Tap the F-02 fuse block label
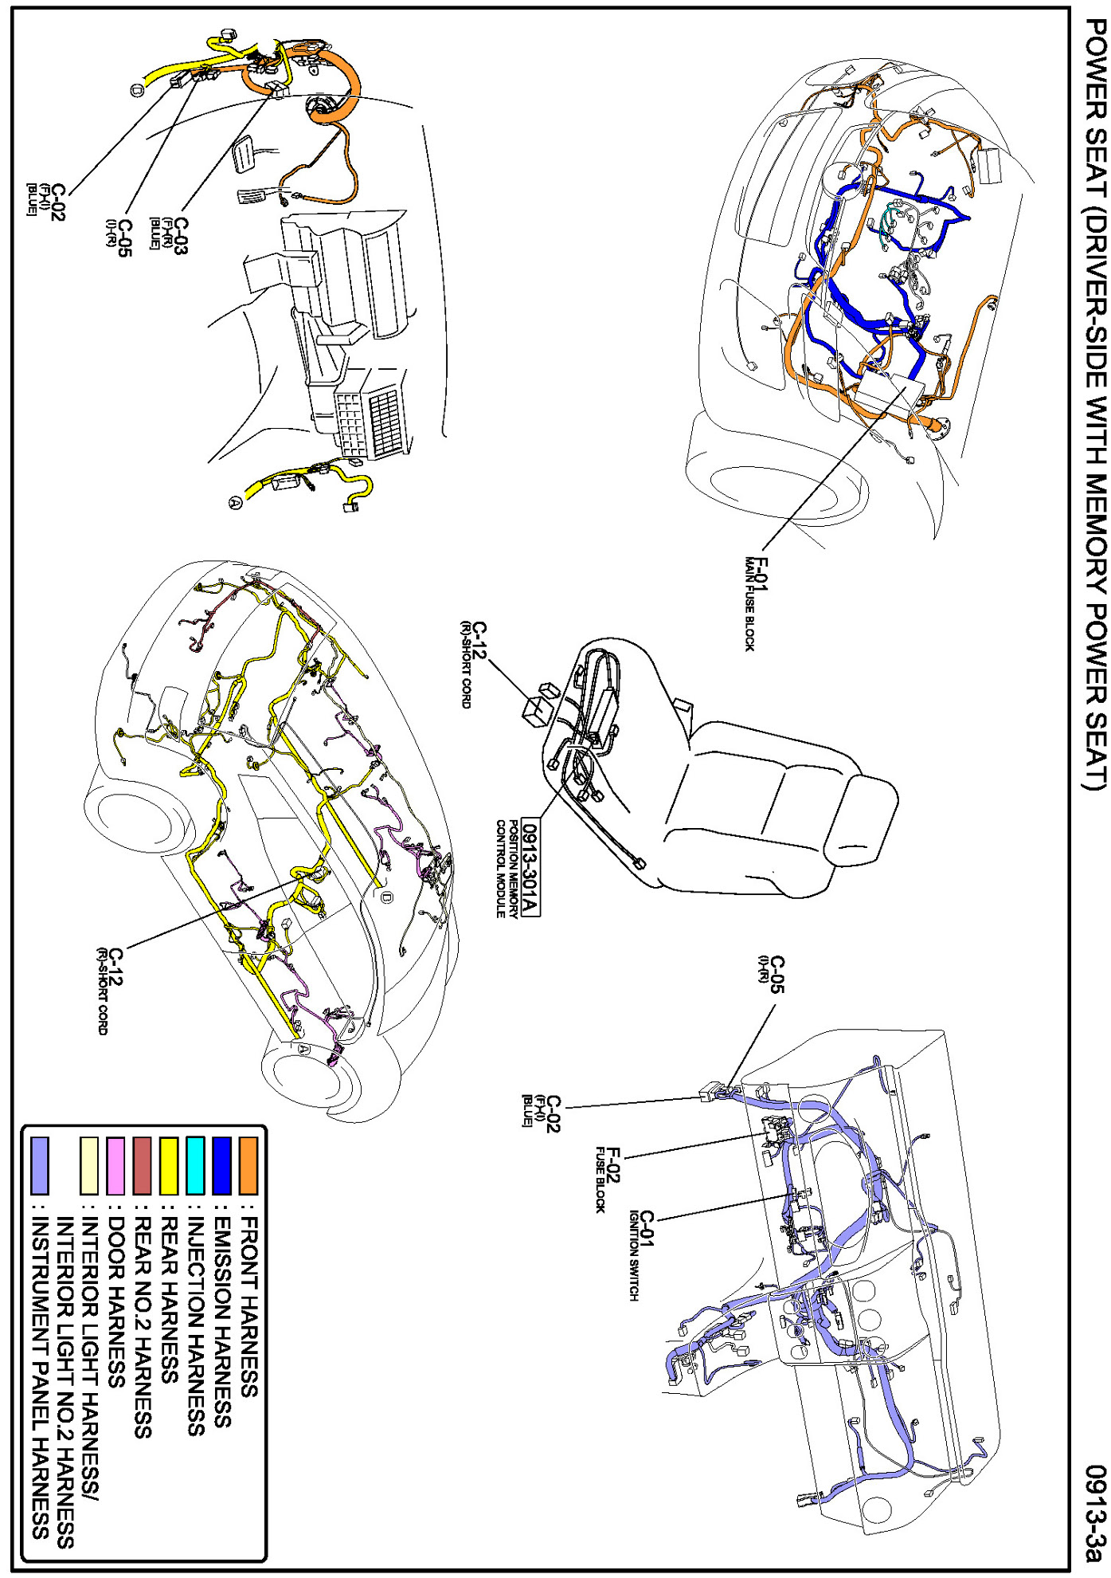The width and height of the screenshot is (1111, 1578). click(x=607, y=1179)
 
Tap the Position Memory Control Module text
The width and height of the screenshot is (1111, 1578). click(x=507, y=869)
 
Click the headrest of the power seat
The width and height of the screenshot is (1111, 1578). click(x=860, y=822)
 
